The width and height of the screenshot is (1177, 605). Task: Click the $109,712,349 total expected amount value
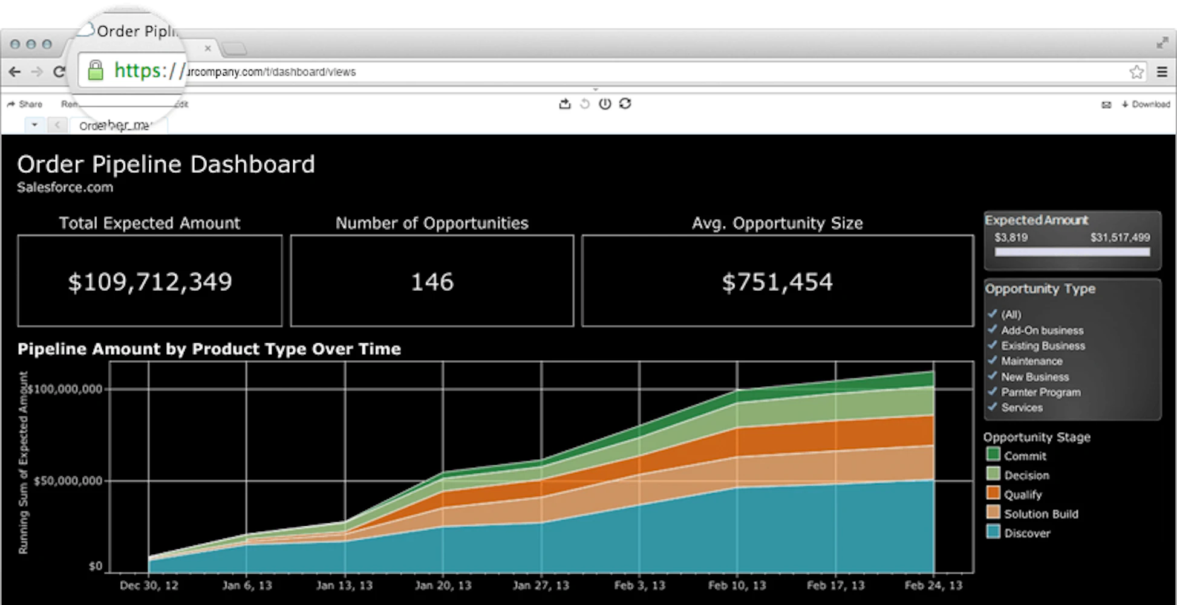point(150,282)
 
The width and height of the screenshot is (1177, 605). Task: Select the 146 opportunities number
point(432,282)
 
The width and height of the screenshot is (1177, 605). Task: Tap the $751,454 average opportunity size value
point(777,282)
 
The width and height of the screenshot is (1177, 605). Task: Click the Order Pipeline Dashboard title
point(166,164)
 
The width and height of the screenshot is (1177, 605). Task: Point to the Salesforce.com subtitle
point(65,187)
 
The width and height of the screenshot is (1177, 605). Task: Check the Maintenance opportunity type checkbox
point(992,360)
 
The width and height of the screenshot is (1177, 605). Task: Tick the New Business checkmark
point(992,376)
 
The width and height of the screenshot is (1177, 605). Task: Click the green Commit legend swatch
point(993,455)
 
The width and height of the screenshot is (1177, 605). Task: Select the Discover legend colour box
point(993,532)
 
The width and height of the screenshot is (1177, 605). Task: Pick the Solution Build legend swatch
point(993,513)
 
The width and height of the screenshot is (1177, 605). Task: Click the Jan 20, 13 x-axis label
point(443,585)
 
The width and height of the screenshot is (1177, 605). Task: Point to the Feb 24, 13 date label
point(933,585)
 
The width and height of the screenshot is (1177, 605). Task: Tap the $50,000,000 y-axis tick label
point(68,481)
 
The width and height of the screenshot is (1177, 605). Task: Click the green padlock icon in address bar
point(96,71)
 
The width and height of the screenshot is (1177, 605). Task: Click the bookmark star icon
point(1136,72)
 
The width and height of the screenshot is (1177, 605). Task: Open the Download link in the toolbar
point(1146,104)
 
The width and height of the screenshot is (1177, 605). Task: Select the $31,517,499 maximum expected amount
point(1120,238)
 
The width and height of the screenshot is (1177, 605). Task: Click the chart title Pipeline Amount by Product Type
point(209,349)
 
